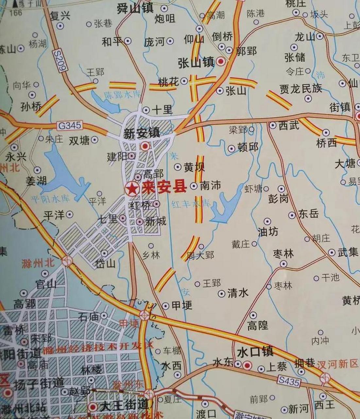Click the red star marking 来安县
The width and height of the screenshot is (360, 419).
click(x=132, y=189)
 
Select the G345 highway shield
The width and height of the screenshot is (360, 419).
click(x=70, y=126)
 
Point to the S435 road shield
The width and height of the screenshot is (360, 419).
click(x=289, y=381)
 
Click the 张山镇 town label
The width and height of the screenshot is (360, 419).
click(x=196, y=63)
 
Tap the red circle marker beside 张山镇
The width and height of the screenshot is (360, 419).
click(x=222, y=61)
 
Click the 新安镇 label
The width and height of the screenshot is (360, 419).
click(x=141, y=133)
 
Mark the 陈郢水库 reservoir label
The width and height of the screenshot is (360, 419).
click(x=123, y=95)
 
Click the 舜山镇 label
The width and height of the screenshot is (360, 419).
click(x=135, y=9)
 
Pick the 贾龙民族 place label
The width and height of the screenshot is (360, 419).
click(x=300, y=88)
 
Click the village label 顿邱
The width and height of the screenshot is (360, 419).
click(x=248, y=147)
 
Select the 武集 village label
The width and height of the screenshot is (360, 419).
click(x=348, y=252)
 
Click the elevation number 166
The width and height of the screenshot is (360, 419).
click(x=16, y=13)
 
